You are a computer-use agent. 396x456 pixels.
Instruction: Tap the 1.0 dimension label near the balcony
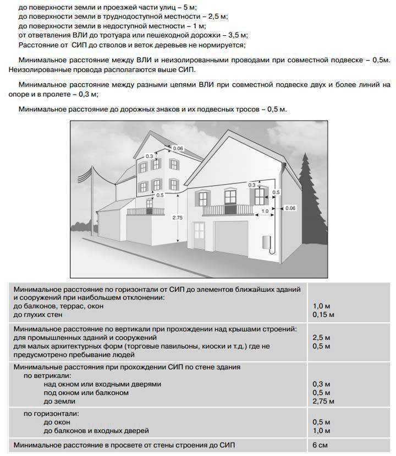pyautogui.click(x=265, y=211)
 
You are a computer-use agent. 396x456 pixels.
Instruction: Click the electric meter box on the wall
pyautogui.click(x=266, y=242)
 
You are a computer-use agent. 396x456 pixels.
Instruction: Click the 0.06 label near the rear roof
pyautogui.click(x=178, y=149)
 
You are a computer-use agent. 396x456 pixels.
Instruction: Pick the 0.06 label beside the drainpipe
pyautogui.click(x=290, y=208)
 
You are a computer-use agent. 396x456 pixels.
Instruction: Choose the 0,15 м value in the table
pyautogui.click(x=323, y=314)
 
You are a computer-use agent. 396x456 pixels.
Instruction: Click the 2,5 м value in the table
pyautogui.click(x=321, y=337)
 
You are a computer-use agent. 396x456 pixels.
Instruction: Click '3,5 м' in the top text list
pyautogui.click(x=237, y=35)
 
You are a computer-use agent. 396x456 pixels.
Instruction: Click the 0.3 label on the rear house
pyautogui.click(x=149, y=156)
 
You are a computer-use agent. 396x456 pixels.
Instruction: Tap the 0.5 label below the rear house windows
pyautogui.click(x=160, y=196)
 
